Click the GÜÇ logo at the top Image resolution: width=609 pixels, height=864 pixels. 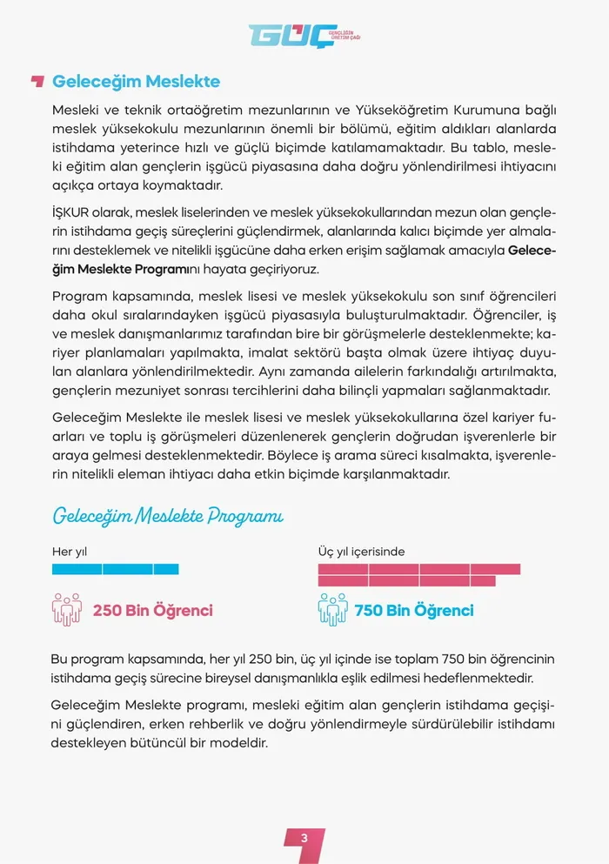304,36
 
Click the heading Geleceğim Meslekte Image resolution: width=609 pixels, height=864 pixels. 136,82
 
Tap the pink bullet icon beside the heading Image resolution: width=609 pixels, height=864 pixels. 37,82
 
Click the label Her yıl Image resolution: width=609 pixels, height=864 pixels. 70,552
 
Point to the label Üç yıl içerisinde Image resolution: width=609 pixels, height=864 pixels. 361,552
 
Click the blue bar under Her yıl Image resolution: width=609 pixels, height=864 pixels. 115,569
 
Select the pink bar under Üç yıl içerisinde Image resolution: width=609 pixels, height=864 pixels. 418,574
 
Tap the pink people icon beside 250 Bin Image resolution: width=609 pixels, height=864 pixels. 67,609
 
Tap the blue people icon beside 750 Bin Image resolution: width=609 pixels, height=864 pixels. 332,609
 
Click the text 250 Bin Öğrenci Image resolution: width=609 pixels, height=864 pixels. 152,610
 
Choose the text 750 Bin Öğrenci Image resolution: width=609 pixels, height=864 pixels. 414,610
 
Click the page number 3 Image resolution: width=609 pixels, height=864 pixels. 304,838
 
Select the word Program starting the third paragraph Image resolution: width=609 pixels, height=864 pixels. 78,296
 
